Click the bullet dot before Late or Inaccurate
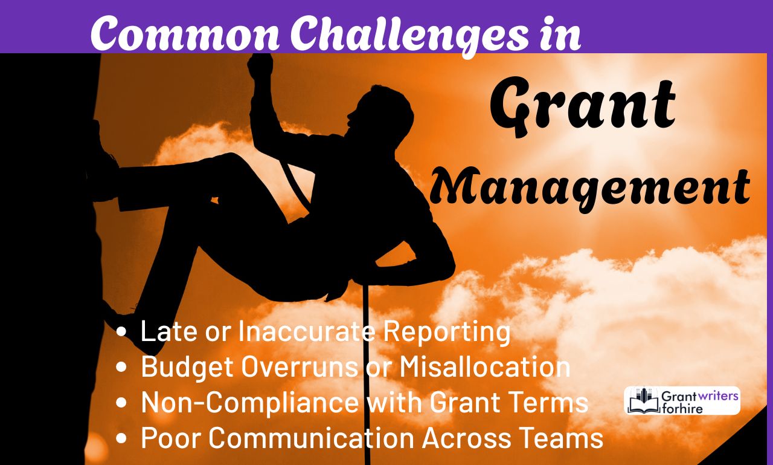coord(123,333)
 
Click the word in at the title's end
coord(559,34)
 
